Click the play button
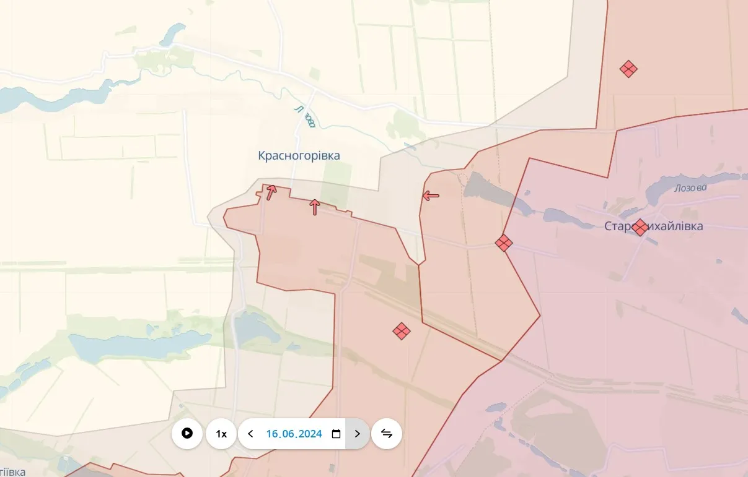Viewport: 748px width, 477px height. pyautogui.click(x=187, y=434)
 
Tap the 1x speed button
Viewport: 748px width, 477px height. pyautogui.click(x=221, y=434)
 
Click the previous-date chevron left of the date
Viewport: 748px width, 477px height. pyautogui.click(x=250, y=434)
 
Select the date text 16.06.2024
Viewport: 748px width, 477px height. pyautogui.click(x=294, y=434)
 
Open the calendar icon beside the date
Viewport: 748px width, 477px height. pyautogui.click(x=336, y=434)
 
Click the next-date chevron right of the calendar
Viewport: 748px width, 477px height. pyautogui.click(x=357, y=434)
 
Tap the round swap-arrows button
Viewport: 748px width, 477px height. pyautogui.click(x=387, y=434)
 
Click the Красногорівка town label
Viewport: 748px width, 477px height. pyautogui.click(x=299, y=156)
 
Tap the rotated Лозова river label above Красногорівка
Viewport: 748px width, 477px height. pyautogui.click(x=306, y=117)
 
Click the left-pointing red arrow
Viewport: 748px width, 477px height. pyautogui.click(x=431, y=196)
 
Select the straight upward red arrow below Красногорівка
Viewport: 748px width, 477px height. pyautogui.click(x=315, y=207)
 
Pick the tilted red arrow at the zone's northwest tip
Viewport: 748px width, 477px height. pyautogui.click(x=271, y=192)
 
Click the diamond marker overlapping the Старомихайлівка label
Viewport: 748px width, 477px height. pyautogui.click(x=640, y=228)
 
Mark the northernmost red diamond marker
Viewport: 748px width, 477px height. pyautogui.click(x=628, y=69)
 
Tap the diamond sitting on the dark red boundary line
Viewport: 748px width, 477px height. pyautogui.click(x=504, y=243)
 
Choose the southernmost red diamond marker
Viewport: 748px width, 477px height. pyautogui.click(x=402, y=332)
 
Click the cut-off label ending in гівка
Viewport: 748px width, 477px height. pyautogui.click(x=12, y=471)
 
